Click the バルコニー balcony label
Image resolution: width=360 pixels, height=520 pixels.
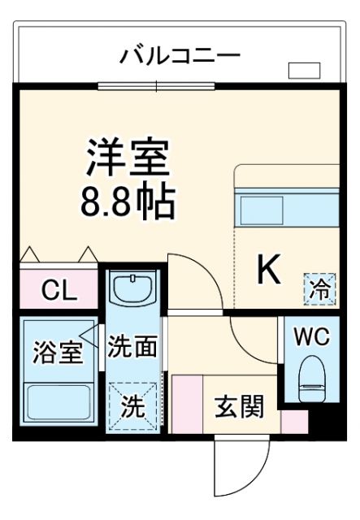180,56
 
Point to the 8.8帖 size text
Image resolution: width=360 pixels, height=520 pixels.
128,203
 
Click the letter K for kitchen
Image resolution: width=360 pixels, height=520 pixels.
270,271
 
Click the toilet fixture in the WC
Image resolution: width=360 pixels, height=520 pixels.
312,379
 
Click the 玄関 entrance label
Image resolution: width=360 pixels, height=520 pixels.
240,405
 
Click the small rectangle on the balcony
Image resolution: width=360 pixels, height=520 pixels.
304,71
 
